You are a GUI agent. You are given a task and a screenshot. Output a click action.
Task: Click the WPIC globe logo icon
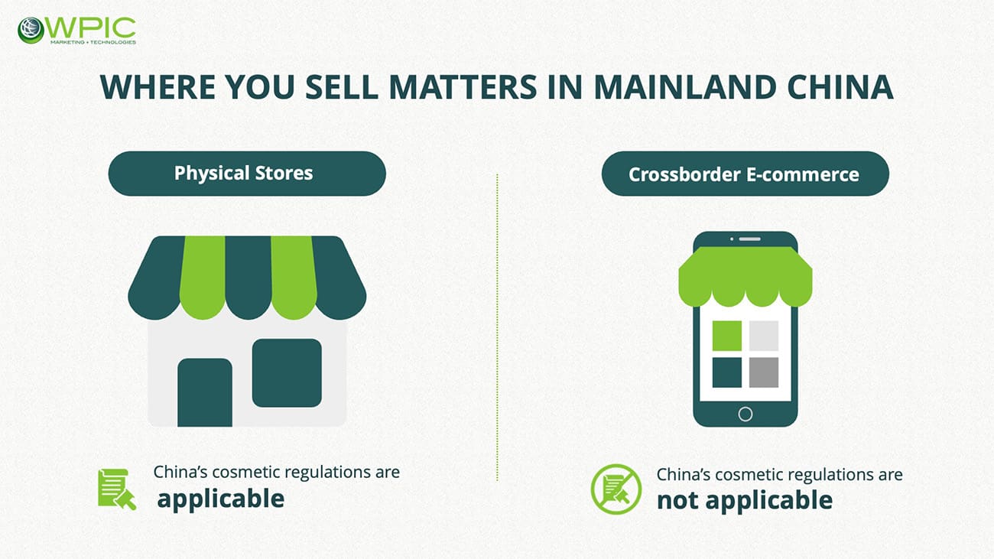click(x=31, y=30)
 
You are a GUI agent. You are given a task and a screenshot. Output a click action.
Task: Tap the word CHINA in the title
click(x=840, y=87)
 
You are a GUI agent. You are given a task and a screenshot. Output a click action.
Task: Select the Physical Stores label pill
click(x=247, y=174)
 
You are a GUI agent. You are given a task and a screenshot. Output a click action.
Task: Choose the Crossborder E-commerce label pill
click(x=745, y=174)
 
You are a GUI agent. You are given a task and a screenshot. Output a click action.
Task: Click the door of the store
click(x=205, y=392)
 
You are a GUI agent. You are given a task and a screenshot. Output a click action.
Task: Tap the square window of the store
click(x=287, y=373)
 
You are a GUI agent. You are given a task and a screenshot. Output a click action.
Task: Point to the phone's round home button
click(x=745, y=414)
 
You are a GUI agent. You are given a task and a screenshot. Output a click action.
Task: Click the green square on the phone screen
click(x=727, y=336)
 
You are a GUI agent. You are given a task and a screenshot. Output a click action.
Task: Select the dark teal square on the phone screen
click(x=727, y=372)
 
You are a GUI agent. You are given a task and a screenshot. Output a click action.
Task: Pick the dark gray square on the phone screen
click(x=764, y=372)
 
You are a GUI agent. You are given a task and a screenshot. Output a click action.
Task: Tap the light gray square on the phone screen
click(x=764, y=336)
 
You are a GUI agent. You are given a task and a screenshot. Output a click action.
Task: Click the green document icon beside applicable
click(x=117, y=489)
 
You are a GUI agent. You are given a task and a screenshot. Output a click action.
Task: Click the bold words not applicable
click(x=745, y=500)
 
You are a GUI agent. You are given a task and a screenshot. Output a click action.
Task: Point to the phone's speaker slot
click(x=749, y=239)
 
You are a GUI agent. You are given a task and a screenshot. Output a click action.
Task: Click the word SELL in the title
click(x=342, y=87)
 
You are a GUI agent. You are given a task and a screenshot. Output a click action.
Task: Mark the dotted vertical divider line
click(x=497, y=327)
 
